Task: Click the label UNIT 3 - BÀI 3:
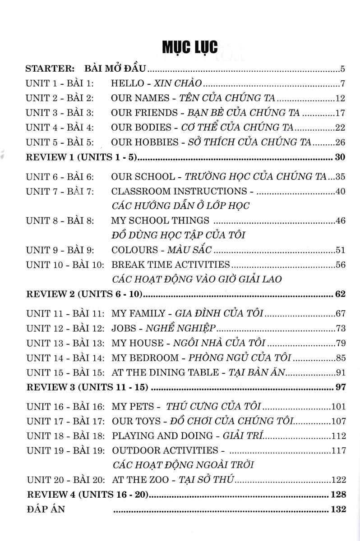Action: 60,113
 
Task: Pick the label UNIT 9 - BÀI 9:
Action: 60,250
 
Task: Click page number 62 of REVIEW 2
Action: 340,294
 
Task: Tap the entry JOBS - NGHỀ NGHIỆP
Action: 158,327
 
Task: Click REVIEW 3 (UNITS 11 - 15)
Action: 88,387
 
